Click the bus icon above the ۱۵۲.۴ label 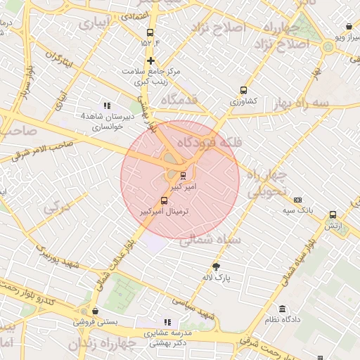click(x=150, y=32)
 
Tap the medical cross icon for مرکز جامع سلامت click(x=150, y=60)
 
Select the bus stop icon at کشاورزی click(x=243, y=90)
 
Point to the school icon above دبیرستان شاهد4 click(x=108, y=105)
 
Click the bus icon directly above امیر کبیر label click(x=183, y=175)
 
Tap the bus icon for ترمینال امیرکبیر click(x=165, y=200)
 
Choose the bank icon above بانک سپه click(x=297, y=200)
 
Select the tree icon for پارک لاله click(x=217, y=266)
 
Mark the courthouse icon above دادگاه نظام click(x=282, y=309)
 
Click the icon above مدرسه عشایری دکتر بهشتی click(x=167, y=322)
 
